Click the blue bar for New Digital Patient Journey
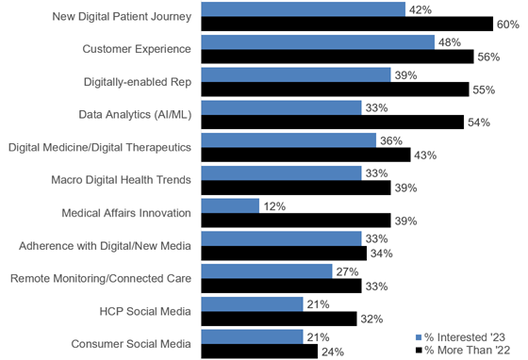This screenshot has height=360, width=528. [x=304, y=9]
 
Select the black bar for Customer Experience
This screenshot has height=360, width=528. [x=338, y=57]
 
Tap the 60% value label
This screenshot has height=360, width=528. [x=508, y=24]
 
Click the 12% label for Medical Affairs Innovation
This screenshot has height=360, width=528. [x=275, y=205]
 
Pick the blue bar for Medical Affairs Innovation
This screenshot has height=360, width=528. [x=230, y=205]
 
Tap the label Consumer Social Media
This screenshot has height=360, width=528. [x=132, y=343]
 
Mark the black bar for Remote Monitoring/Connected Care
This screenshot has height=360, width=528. [x=267, y=286]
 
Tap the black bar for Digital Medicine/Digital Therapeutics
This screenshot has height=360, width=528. [x=305, y=155]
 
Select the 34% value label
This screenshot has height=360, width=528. [x=382, y=254]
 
